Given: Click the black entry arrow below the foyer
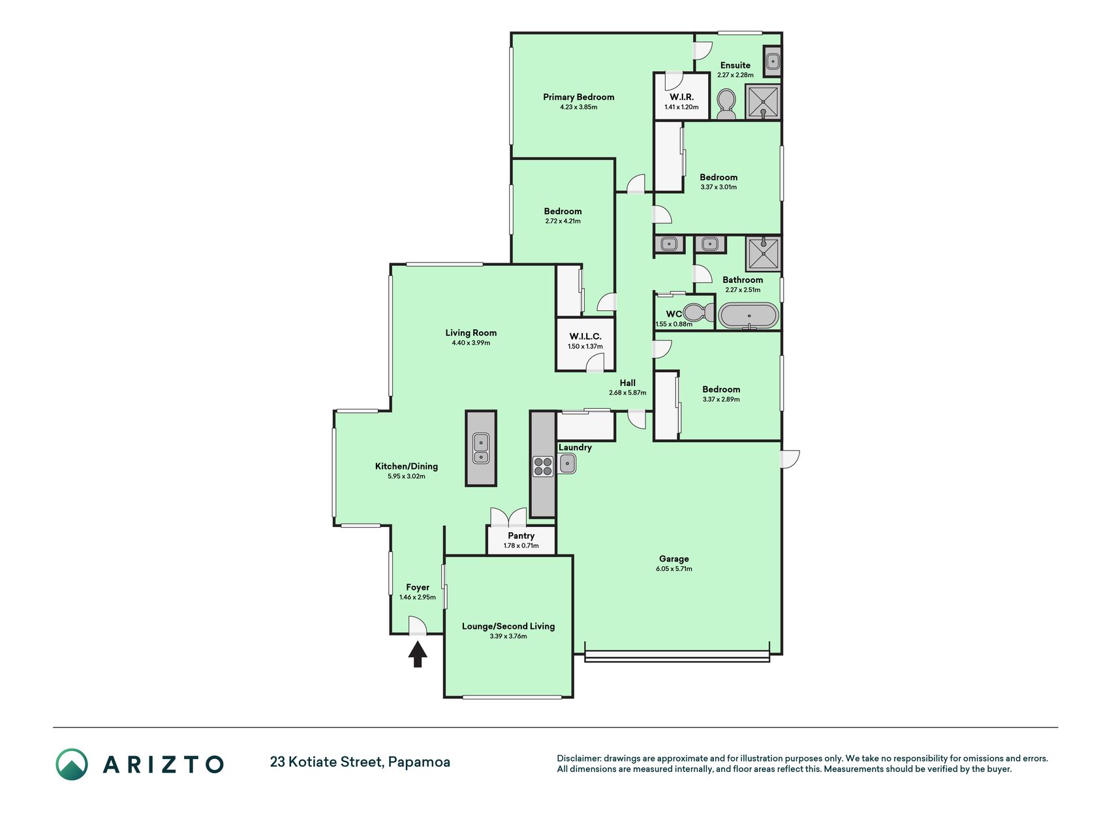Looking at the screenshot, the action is pyautogui.click(x=418, y=654).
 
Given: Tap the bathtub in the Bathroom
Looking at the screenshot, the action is pyautogui.click(x=749, y=315).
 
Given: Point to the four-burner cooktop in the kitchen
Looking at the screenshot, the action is pyautogui.click(x=543, y=466).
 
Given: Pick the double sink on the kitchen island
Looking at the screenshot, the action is pyautogui.click(x=481, y=449).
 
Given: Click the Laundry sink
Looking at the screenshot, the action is pyautogui.click(x=567, y=464).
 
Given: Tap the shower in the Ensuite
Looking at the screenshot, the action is pyautogui.click(x=764, y=101).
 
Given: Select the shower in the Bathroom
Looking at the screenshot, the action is pyautogui.click(x=764, y=253).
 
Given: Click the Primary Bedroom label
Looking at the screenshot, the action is pyautogui.click(x=579, y=97).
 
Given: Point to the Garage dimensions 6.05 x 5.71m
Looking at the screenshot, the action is pyautogui.click(x=674, y=569).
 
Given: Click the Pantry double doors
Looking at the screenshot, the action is pyautogui.click(x=508, y=517).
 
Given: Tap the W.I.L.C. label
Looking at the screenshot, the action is pyautogui.click(x=585, y=336).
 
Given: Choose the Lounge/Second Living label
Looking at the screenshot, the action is pyautogui.click(x=508, y=626).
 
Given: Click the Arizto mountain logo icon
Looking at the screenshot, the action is pyautogui.click(x=72, y=764).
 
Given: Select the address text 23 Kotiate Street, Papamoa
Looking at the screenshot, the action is pyautogui.click(x=360, y=762).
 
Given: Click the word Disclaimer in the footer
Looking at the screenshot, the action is pyautogui.click(x=578, y=758).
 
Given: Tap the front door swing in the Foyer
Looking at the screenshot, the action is pyautogui.click(x=418, y=625).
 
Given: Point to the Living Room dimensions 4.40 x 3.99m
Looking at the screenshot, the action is pyautogui.click(x=471, y=343).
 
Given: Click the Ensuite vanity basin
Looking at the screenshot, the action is pyautogui.click(x=773, y=62).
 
